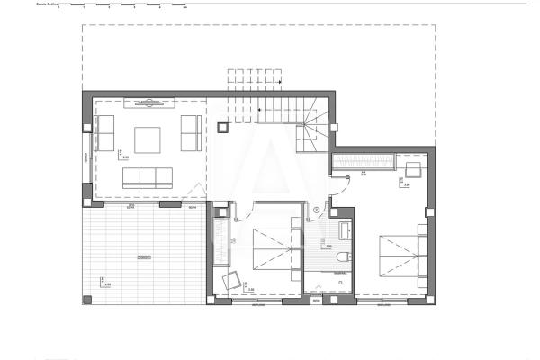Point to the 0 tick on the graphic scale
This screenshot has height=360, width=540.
click(58, 7)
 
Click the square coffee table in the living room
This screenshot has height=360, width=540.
click(148, 140)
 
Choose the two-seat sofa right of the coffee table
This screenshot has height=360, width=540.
click(190, 133)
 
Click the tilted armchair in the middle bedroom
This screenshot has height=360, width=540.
click(231, 280)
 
